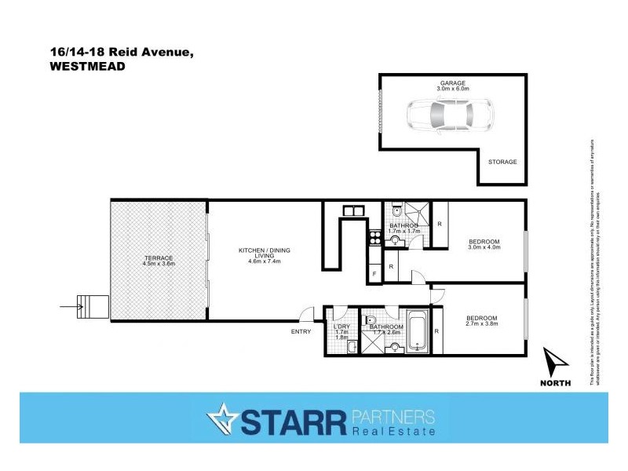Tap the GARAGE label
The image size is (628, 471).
tap(452, 82)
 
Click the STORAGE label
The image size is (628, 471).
tap(503, 162)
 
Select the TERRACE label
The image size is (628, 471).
tap(158, 257)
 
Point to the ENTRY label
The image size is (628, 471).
tap(301, 331)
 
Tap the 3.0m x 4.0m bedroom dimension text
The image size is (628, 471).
tap(484, 248)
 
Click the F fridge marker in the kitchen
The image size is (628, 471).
tap(374, 272)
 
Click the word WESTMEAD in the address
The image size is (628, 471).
tap(87, 67)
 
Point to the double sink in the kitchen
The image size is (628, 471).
tap(352, 210)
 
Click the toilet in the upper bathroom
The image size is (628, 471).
tap(396, 210)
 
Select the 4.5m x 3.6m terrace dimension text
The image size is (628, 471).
tap(158, 264)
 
